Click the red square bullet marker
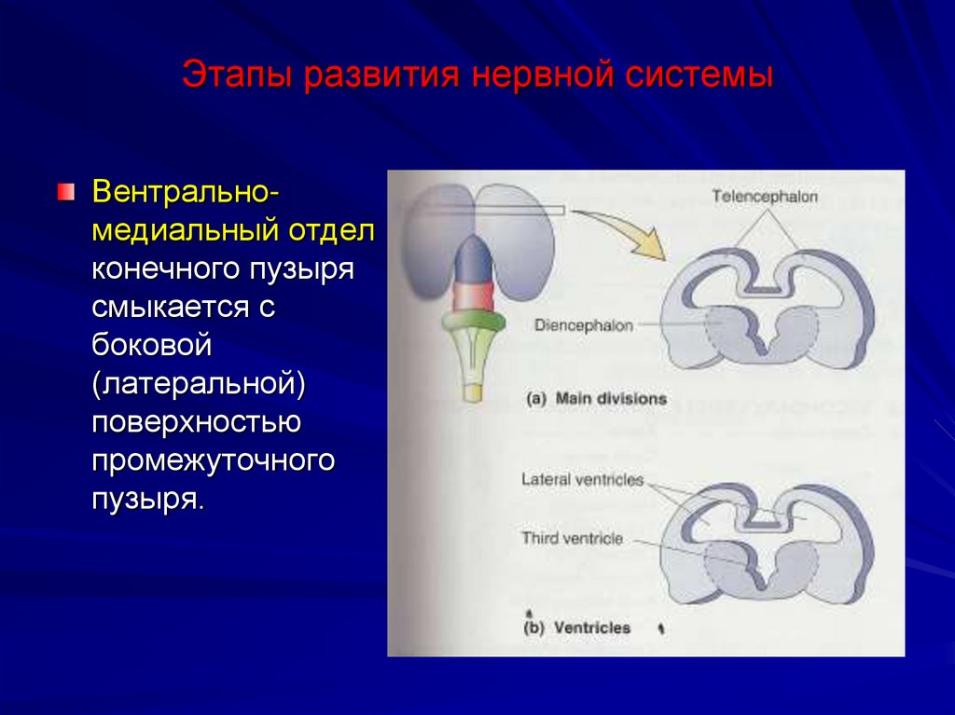tap(64, 193)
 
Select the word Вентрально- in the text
tap(182, 193)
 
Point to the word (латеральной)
tap(199, 384)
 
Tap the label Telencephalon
tap(764, 197)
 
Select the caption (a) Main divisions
tap(597, 398)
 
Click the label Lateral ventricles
tap(583, 479)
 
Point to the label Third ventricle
tap(572, 538)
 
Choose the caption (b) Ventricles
tap(578, 627)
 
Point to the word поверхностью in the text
tap(195, 422)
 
